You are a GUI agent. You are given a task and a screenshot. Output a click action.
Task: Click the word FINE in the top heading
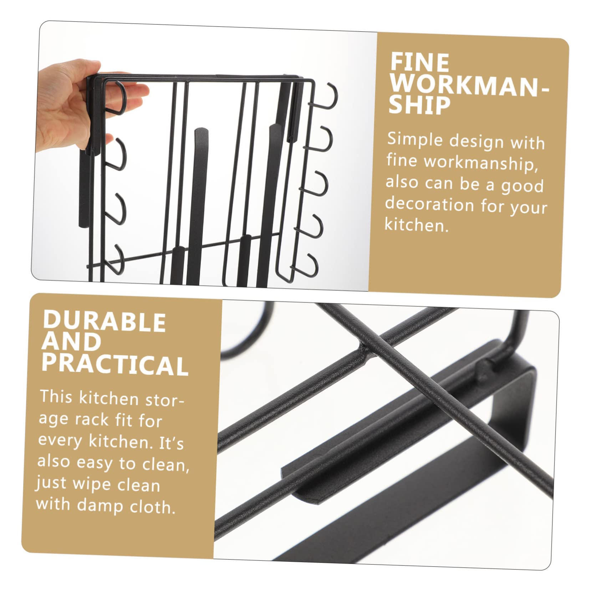(420, 62)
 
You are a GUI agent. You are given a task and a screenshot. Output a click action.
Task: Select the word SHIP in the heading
(419, 106)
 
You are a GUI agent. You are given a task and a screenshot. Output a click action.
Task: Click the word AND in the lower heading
(71, 342)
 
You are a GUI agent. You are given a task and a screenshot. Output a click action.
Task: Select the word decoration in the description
(429, 204)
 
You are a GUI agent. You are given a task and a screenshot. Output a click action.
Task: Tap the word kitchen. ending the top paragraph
(417, 225)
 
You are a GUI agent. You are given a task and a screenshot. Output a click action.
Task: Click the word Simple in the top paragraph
(415, 140)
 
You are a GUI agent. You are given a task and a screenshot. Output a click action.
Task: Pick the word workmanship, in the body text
(481, 163)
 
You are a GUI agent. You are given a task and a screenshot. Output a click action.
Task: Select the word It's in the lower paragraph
(171, 443)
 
